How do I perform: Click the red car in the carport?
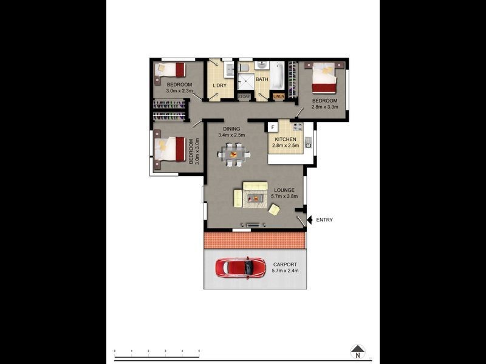(x=241, y=268)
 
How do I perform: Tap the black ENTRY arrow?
(x=309, y=220)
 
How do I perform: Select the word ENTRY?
(x=324, y=220)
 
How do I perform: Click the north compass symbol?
(x=358, y=351)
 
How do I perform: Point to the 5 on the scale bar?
(x=199, y=351)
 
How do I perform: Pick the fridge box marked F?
(x=273, y=127)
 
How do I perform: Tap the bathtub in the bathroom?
(x=277, y=77)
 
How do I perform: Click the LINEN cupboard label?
(x=278, y=96)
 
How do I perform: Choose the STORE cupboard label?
(x=244, y=96)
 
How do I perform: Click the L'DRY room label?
(x=219, y=85)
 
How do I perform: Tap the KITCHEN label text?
(x=286, y=139)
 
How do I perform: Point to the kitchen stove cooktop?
(x=297, y=127)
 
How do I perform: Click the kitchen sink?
(x=309, y=143)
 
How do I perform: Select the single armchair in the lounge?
(x=275, y=209)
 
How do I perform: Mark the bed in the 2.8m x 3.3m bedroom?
(x=324, y=79)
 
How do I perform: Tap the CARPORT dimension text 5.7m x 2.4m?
(x=285, y=271)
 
